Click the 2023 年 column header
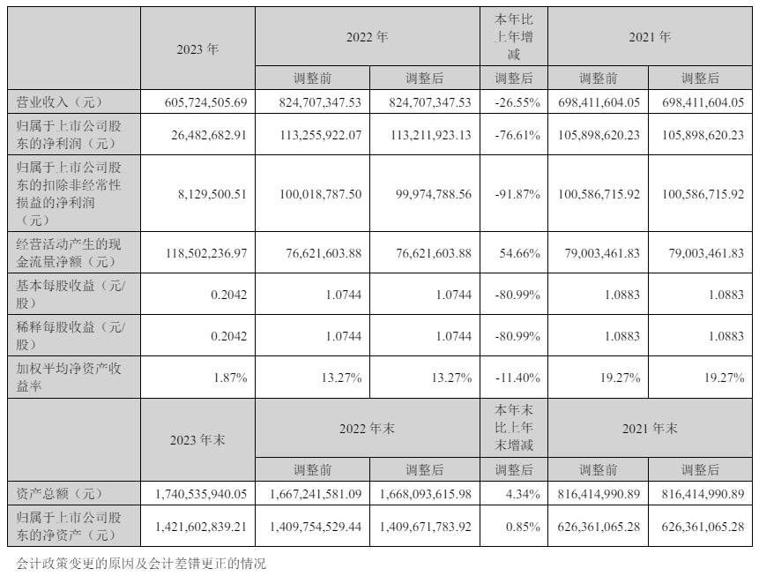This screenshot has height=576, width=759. (x=197, y=49)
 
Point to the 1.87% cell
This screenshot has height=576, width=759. (x=230, y=378)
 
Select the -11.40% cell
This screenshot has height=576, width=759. (x=518, y=378)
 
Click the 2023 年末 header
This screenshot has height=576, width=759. (x=197, y=439)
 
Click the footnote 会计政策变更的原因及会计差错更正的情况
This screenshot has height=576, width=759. (x=141, y=562)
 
